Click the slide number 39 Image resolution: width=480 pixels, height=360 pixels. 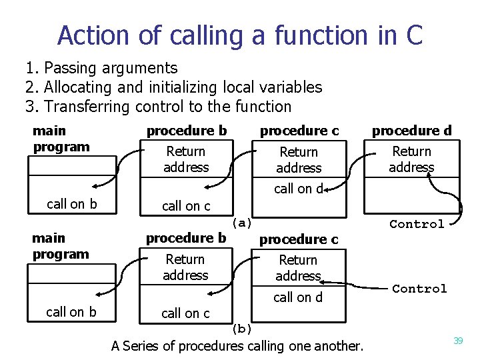pos(458,341)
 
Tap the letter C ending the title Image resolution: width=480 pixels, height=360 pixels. pos(413,35)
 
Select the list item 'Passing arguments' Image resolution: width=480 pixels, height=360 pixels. pos(111,68)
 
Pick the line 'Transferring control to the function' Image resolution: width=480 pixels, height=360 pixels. pos(167,107)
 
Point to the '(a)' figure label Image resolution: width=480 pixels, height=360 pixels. pos(241,223)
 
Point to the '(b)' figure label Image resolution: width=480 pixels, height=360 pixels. pos(241,328)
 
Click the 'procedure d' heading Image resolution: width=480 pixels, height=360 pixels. pos(411,130)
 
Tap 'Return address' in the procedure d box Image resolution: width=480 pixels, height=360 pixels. pos(411,159)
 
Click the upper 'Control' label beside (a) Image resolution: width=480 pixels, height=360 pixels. pos(417,224)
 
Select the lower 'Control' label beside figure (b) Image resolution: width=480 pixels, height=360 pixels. pos(419,289)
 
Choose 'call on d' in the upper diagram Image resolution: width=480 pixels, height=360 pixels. pos(298,189)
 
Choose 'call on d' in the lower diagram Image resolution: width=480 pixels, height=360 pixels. pos(297,297)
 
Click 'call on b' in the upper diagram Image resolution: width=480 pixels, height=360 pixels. pos(71,204)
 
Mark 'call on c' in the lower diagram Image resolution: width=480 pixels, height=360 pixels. pos(185,313)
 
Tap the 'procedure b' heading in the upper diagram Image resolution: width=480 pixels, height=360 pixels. pos(187,131)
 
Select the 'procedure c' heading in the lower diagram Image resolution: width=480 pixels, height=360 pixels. pos(298,239)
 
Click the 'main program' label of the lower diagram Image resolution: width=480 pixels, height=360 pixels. pos(60,246)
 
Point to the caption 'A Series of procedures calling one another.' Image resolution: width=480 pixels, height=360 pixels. pos(237,346)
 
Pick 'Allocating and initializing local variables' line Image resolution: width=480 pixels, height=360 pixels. pos(183,87)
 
